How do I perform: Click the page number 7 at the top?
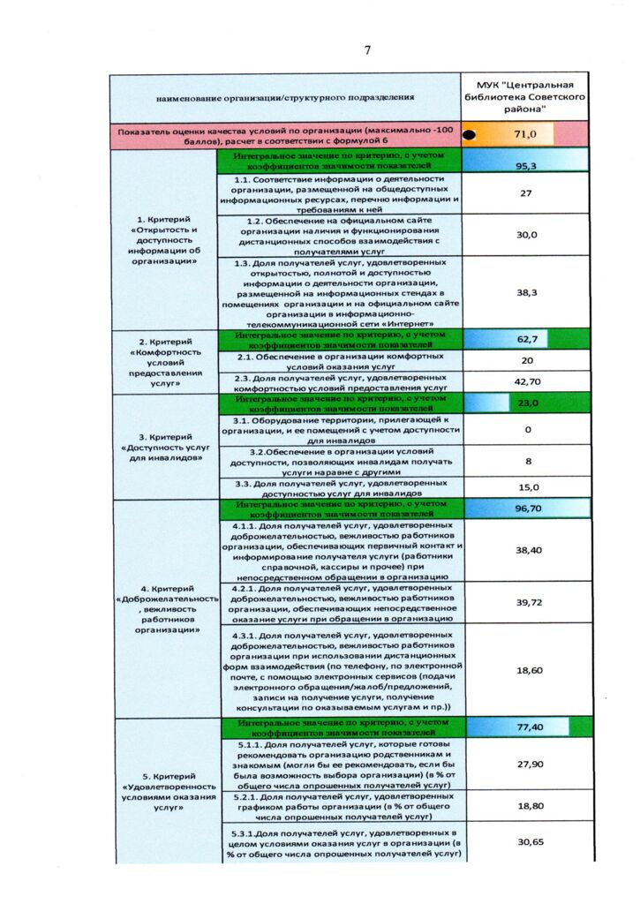tap(367, 49)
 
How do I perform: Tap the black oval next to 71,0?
tap(471, 135)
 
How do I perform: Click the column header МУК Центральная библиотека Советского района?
tap(525, 95)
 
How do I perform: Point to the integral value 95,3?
tap(527, 165)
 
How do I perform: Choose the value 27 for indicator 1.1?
tap(525, 193)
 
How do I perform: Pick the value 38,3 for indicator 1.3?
tap(527, 292)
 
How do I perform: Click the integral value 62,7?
tap(527, 339)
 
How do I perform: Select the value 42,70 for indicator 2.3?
tap(527, 381)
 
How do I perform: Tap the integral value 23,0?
tap(527, 403)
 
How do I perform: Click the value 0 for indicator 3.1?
tap(527, 430)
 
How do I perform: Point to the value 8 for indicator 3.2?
tap(527, 461)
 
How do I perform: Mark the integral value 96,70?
tap(528, 508)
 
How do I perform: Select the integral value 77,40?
tap(528, 727)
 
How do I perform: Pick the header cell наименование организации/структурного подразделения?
tap(285, 95)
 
